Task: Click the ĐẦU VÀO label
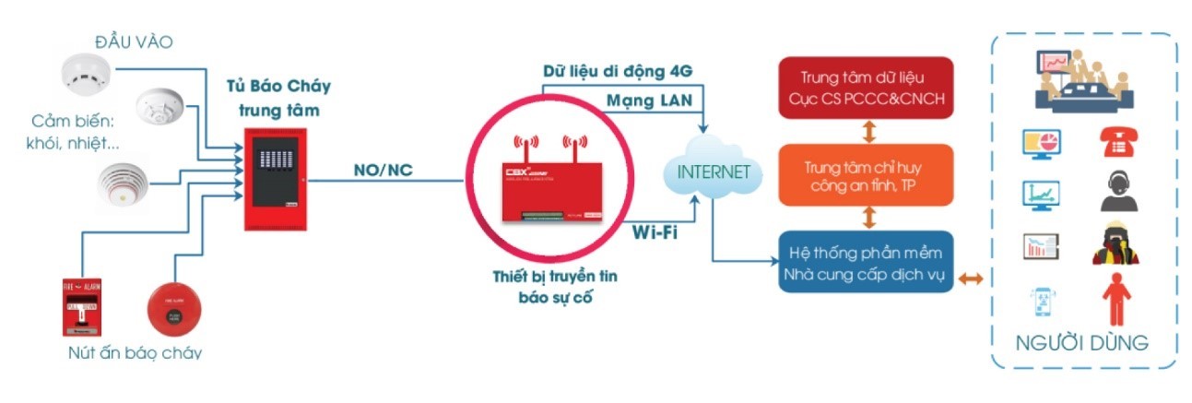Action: click(135, 41)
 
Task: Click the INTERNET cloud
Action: click(708, 172)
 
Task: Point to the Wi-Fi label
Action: click(655, 231)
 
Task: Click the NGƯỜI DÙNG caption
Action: click(1081, 343)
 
